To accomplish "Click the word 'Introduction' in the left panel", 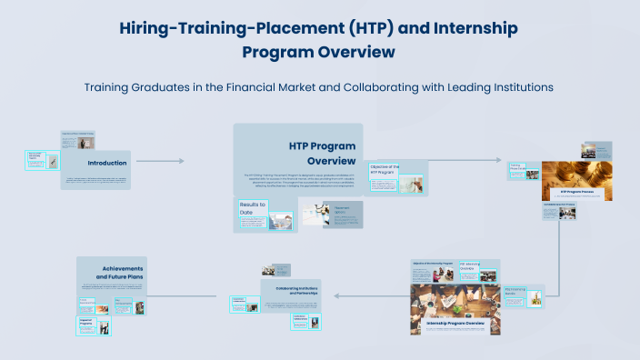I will [106, 163].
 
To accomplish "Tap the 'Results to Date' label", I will [253, 209].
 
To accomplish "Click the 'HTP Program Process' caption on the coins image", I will [576, 192].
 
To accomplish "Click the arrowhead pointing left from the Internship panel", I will [335, 296].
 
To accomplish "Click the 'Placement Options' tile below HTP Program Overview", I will [330, 214].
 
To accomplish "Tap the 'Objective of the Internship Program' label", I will [433, 262].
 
